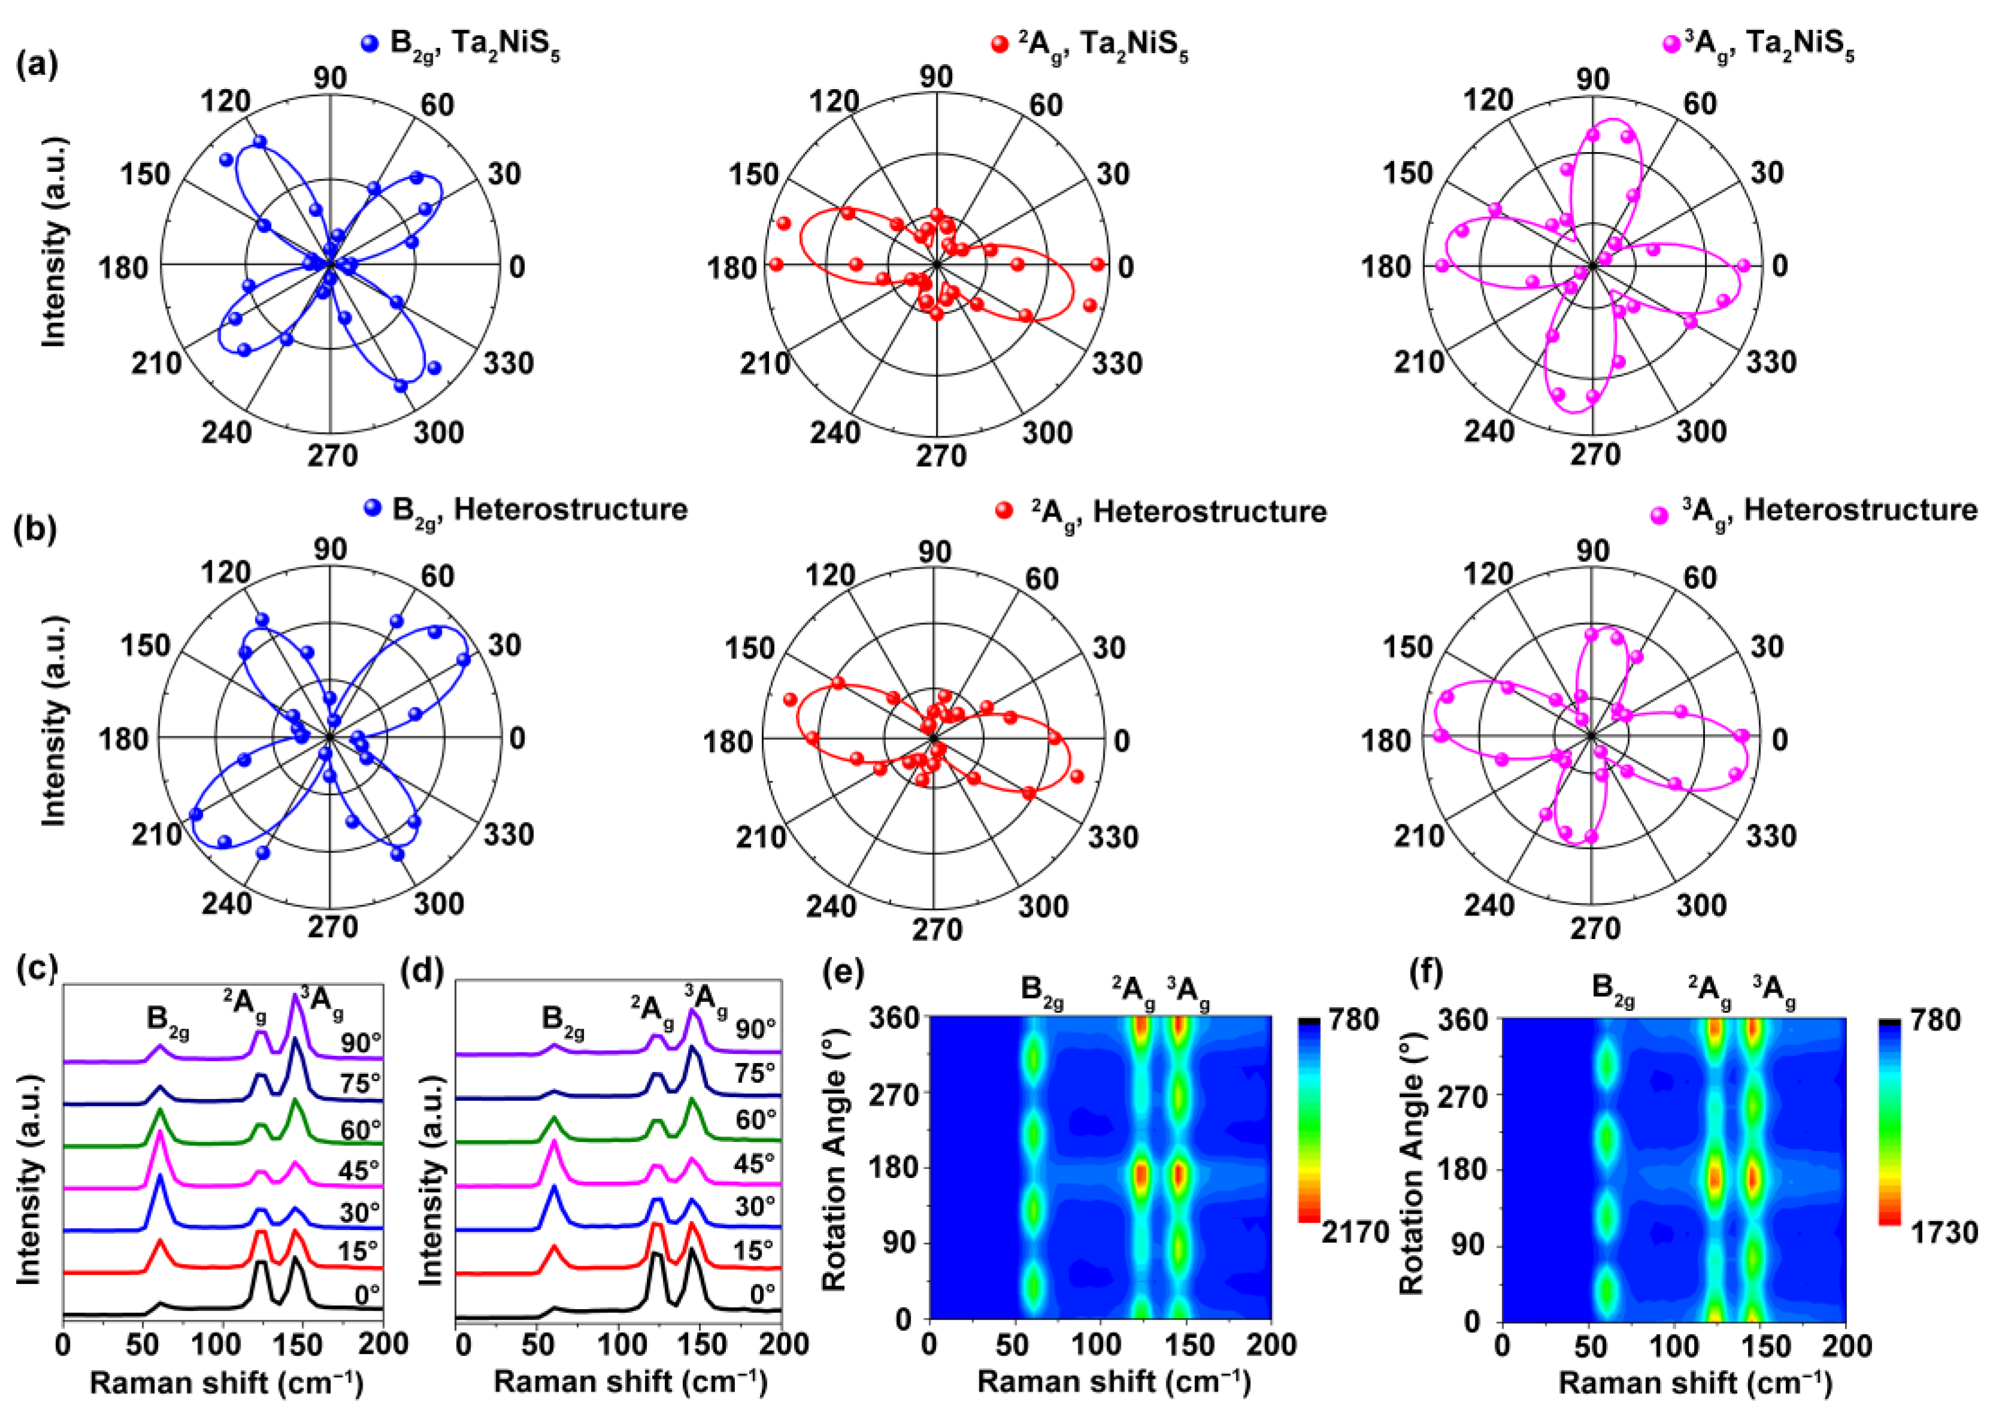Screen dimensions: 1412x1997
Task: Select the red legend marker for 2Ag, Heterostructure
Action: click(x=1005, y=511)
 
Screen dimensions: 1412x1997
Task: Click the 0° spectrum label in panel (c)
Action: click(x=367, y=1295)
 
